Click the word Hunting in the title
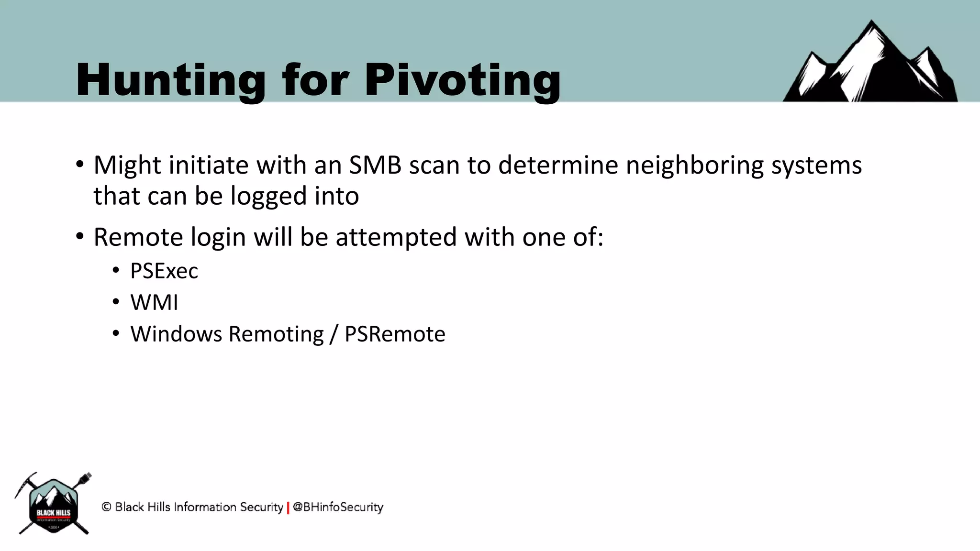click(x=170, y=80)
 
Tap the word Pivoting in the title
click(x=462, y=80)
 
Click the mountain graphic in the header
click(x=870, y=65)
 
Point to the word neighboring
click(x=694, y=165)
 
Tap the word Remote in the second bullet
click(x=138, y=237)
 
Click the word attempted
click(x=396, y=237)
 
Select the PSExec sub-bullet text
click(x=164, y=271)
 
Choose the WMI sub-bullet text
click(x=154, y=303)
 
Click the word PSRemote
click(x=395, y=334)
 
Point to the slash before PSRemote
click(x=334, y=334)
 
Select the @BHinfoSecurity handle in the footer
click(x=338, y=507)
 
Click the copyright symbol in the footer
click(x=106, y=507)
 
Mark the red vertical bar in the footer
click(x=288, y=507)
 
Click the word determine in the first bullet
click(x=558, y=165)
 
